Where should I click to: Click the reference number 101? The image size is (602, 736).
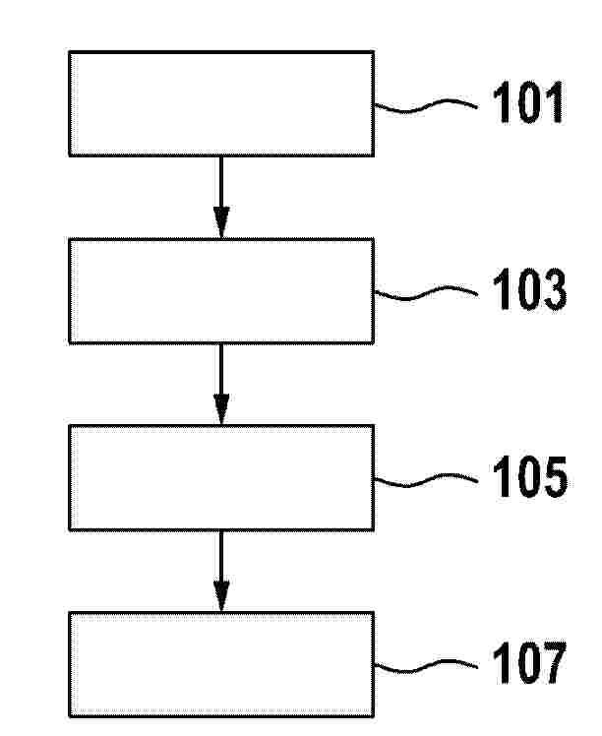pyautogui.click(x=528, y=102)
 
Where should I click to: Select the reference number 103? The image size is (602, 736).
pyautogui.click(x=529, y=288)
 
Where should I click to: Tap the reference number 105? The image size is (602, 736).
pyautogui.click(x=530, y=476)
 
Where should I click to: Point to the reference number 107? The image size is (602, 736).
pyautogui.click(x=529, y=662)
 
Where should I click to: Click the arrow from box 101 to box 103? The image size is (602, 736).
pyautogui.click(x=221, y=197)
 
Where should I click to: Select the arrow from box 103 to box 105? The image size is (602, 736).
pyautogui.click(x=221, y=385)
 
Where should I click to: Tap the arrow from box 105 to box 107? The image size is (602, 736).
pyautogui.click(x=221, y=572)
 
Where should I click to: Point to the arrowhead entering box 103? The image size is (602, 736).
pyautogui.click(x=221, y=222)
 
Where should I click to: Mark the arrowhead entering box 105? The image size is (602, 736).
pyautogui.click(x=221, y=409)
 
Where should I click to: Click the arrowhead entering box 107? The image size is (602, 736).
pyautogui.click(x=221, y=596)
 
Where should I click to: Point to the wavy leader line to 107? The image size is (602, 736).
pyautogui.click(x=426, y=664)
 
